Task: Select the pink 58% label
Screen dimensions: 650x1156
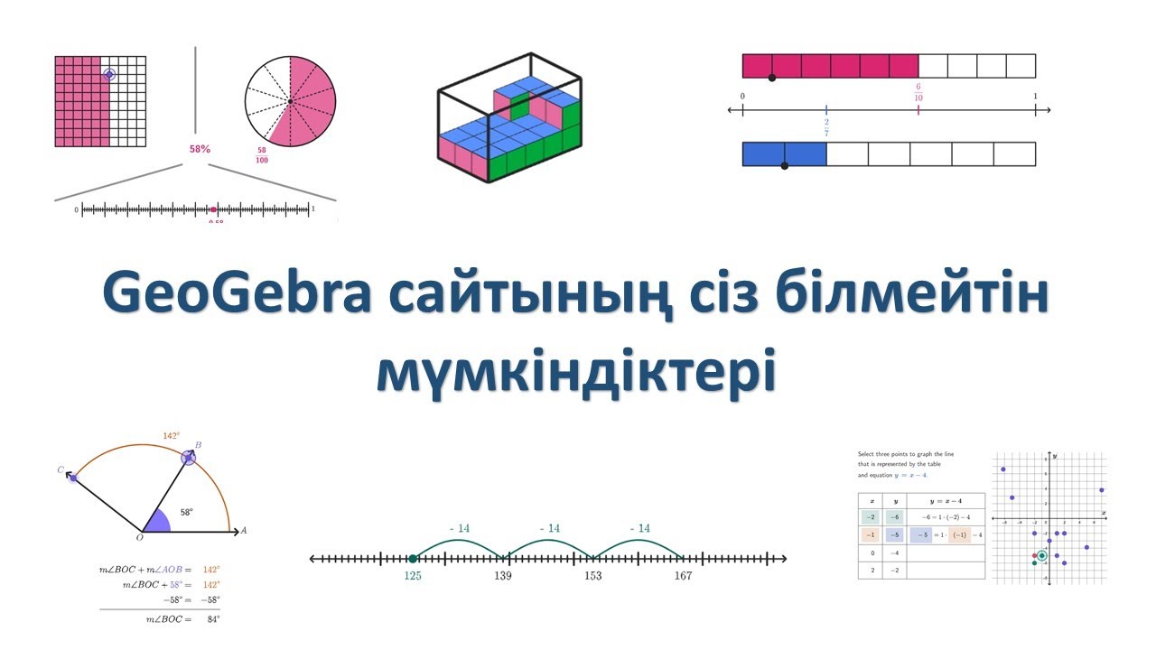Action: pyautogui.click(x=200, y=148)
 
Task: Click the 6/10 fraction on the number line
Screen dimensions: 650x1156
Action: pyautogui.click(x=918, y=92)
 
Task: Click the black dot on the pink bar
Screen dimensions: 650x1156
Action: pyautogui.click(x=771, y=79)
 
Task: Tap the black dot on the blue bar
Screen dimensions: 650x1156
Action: pyautogui.click(x=784, y=166)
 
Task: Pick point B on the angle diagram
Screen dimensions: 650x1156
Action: pyautogui.click(x=188, y=458)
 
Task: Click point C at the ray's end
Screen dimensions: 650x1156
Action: pyautogui.click(x=73, y=477)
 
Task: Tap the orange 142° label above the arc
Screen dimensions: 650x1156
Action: pyautogui.click(x=171, y=436)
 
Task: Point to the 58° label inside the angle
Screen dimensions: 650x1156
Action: pyautogui.click(x=186, y=512)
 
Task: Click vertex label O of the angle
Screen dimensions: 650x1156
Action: pyautogui.click(x=139, y=538)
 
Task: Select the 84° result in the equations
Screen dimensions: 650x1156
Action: pyautogui.click(x=211, y=619)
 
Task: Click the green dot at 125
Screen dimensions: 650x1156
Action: pyautogui.click(x=413, y=559)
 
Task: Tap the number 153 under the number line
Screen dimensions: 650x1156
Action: pyautogui.click(x=592, y=576)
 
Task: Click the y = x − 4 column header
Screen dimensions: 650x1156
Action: pyautogui.click(x=945, y=500)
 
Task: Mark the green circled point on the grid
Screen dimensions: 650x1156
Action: pyautogui.click(x=1042, y=555)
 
